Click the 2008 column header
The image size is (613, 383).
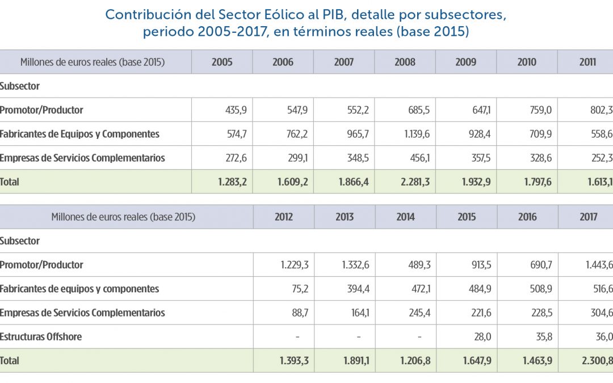pyautogui.click(x=405, y=62)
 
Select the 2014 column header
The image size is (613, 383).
pyautogui.click(x=405, y=217)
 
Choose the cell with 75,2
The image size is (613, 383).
pyautogui.click(x=299, y=289)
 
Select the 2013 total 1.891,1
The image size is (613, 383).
pyautogui.click(x=355, y=360)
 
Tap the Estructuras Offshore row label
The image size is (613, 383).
pyautogui.click(x=41, y=336)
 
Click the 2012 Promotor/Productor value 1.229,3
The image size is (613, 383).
pyautogui.click(x=295, y=265)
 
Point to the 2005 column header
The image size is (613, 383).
pyautogui.click(x=222, y=62)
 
